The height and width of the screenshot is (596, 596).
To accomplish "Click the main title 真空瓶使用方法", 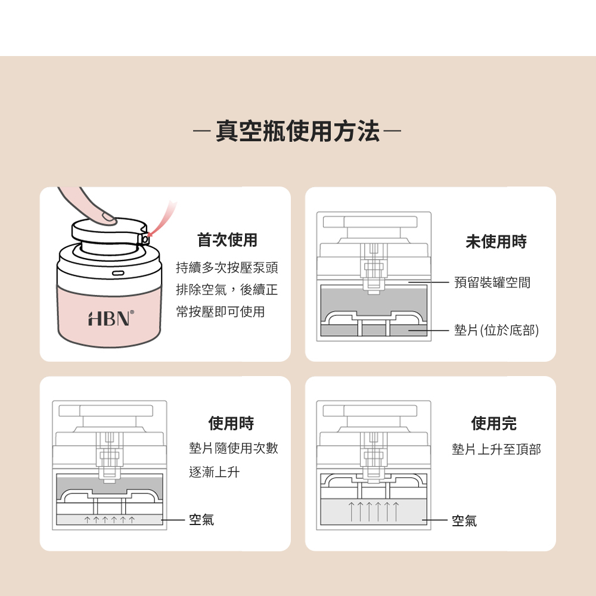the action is pos(297,131).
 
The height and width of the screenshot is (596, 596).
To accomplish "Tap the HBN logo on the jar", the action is pos(111,318).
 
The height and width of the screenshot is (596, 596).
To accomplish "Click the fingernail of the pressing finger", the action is pos(109,217).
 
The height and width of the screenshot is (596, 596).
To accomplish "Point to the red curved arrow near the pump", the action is pos(163,219).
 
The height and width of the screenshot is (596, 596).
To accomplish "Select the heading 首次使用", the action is pos(227,240).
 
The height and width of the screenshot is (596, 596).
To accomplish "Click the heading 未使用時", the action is pos(496,241).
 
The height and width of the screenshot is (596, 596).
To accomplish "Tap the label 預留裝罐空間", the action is pos(492,283).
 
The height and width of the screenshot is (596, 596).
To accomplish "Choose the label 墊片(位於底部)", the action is pos(496,330).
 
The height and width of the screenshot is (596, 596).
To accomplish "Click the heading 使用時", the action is pos(231,423).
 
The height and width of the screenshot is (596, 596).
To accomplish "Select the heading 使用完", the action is pos(493,423).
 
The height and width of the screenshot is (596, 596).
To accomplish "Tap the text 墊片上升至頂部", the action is pos(496,449).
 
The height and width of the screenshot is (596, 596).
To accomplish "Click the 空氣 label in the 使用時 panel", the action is pos(201,520).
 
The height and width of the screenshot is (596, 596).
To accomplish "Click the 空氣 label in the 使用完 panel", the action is pos(464,520).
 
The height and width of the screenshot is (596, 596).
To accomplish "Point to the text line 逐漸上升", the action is pos(215,472).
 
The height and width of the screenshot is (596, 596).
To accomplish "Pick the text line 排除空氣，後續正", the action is pos(227,290).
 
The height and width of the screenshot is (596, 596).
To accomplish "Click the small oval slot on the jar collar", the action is pos(118,273).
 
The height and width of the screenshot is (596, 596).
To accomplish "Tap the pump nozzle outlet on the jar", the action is pos(145,239).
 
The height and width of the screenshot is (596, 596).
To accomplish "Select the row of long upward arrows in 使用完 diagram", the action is pos(373,511).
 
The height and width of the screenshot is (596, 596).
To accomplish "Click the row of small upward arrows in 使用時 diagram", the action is pos(110,519).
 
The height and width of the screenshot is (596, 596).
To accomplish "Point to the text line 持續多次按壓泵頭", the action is pos(227,268).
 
